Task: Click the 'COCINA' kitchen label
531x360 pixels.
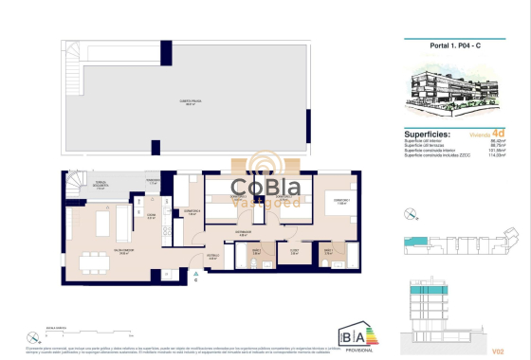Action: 137,216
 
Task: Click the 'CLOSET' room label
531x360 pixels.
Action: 294,252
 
